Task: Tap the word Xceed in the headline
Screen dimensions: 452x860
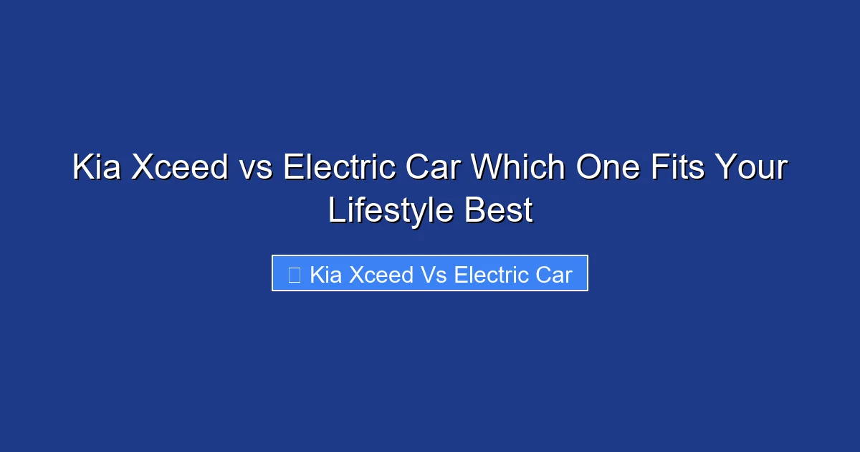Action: [x=180, y=169]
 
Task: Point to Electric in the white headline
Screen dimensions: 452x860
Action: [x=340, y=169]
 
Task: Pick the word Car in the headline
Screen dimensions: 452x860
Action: [x=432, y=169]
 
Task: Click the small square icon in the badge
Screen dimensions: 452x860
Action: [x=294, y=275]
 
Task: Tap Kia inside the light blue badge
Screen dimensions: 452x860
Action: [x=325, y=275]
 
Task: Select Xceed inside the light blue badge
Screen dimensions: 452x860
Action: [x=381, y=275]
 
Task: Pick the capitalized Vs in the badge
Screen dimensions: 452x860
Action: [x=434, y=275]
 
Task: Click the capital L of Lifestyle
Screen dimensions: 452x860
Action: [x=335, y=211]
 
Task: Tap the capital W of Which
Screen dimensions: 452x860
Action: [x=485, y=169]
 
